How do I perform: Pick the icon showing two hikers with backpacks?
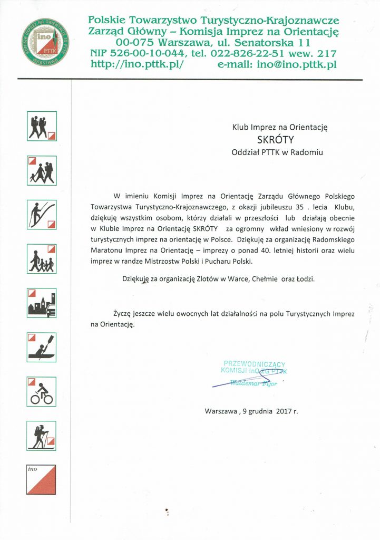(42, 126)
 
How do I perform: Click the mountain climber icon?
(42, 215)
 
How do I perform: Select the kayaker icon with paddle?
(42, 346)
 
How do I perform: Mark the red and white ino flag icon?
(42, 479)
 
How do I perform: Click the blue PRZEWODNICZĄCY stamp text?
(255, 364)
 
